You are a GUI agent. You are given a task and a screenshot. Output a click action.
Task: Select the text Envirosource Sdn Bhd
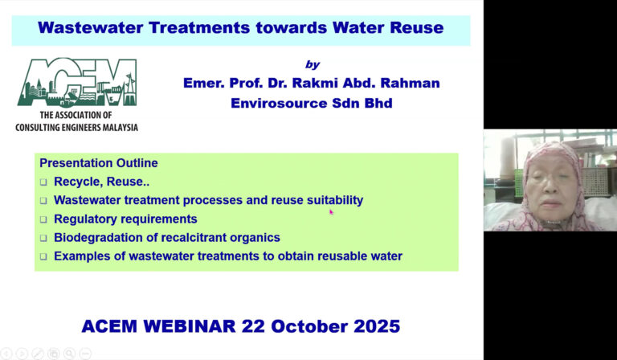(311, 103)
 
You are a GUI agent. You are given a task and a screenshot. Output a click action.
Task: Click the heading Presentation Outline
(99, 163)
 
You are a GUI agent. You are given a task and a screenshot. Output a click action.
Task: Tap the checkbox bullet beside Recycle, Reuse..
(44, 182)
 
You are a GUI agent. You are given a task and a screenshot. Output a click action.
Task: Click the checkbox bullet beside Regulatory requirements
(44, 219)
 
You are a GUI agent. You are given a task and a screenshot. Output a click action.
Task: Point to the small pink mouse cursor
(331, 212)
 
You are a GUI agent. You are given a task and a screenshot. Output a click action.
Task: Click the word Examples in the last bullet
(82, 256)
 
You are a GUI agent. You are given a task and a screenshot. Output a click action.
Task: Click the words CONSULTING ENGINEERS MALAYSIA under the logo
(77, 127)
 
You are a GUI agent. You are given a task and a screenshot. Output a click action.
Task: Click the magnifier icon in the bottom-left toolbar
(69, 354)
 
